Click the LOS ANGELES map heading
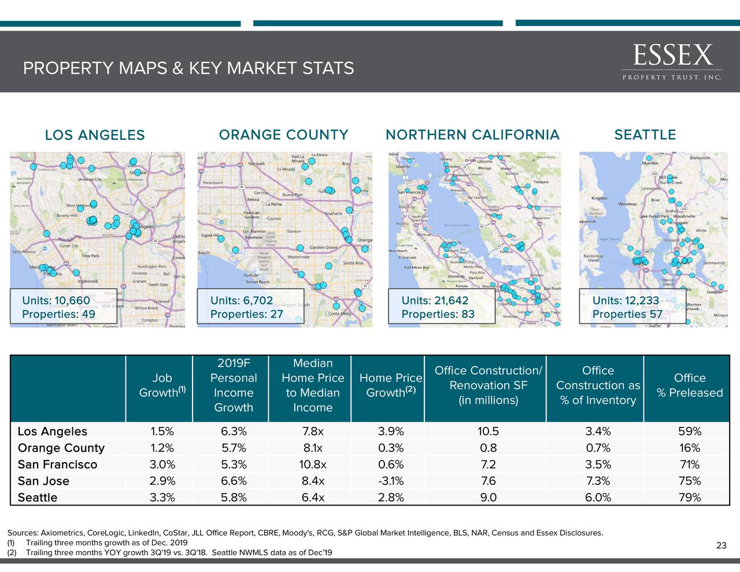tap(95, 135)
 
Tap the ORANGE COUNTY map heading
tap(283, 135)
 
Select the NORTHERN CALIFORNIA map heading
tap(472, 135)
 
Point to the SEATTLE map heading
tap(645, 135)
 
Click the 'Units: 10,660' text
tap(56, 300)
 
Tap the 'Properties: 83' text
tap(438, 314)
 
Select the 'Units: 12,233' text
tap(626, 300)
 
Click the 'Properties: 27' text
tap(246, 314)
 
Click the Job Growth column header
tap(162, 385)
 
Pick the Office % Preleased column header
tap(690, 385)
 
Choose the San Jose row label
tap(43, 481)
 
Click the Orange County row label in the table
tap(61, 448)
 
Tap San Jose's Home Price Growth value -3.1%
tap(391, 481)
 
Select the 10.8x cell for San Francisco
tap(313, 464)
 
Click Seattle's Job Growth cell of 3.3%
tap(162, 497)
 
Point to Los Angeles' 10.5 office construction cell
tap(489, 431)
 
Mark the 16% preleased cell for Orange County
tap(690, 448)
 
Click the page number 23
tap(721, 545)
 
